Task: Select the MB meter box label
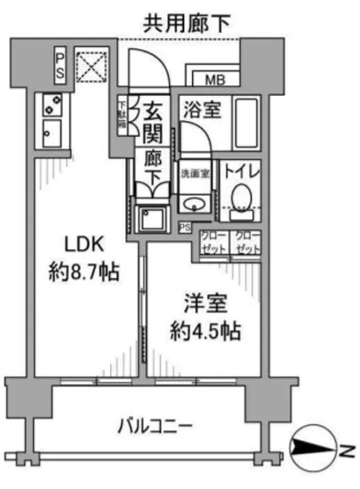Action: pyautogui.click(x=214, y=80)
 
